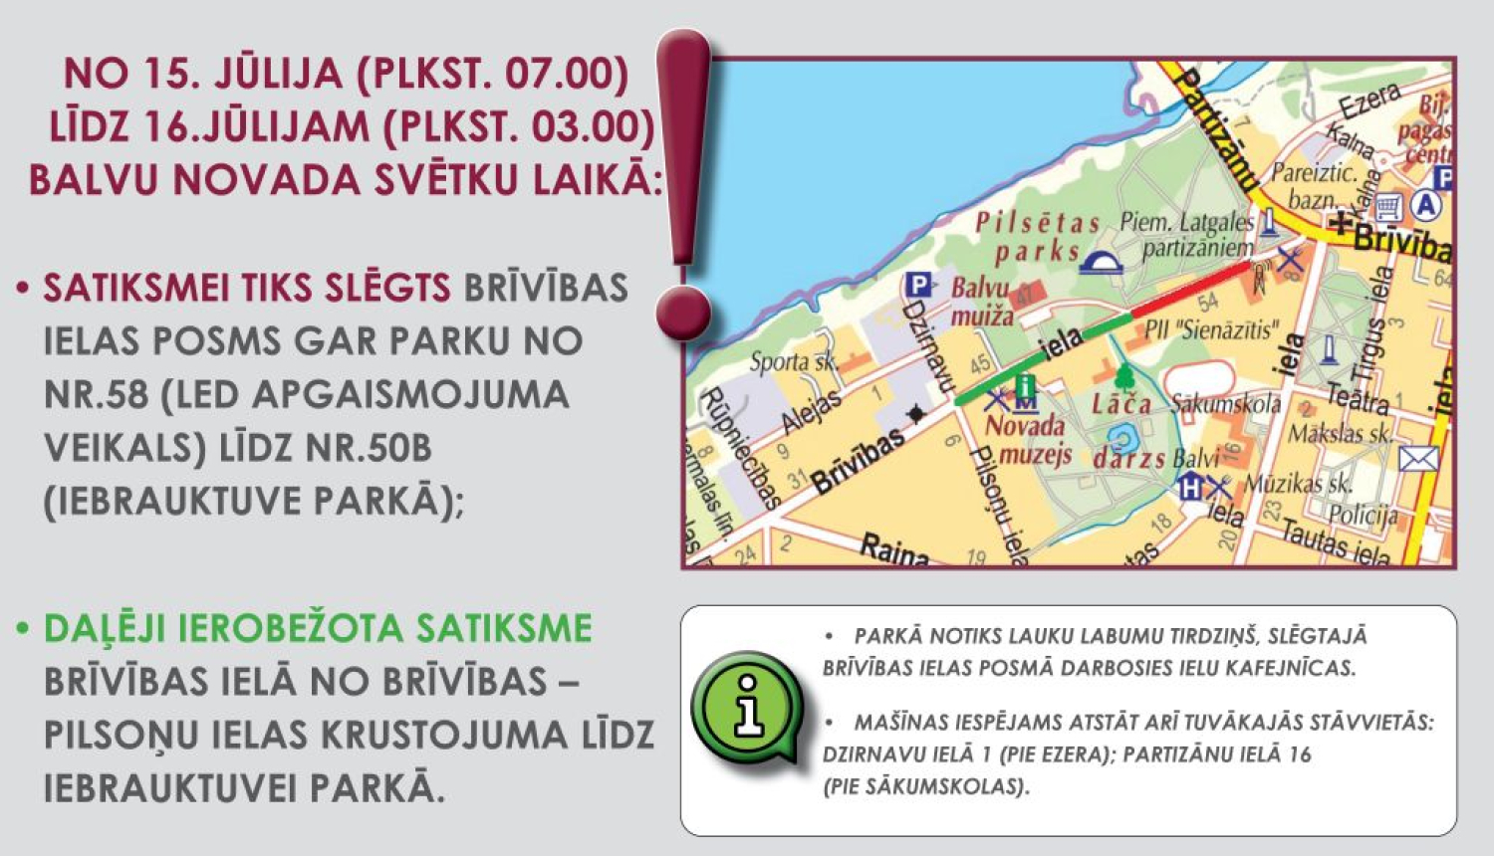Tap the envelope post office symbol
point(1417,459)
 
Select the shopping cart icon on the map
point(1388,206)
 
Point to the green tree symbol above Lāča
point(1124,377)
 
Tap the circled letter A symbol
point(1427,205)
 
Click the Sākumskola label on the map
point(1225,404)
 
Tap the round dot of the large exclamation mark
point(683,312)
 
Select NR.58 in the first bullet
point(94,394)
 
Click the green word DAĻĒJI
point(105,629)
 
